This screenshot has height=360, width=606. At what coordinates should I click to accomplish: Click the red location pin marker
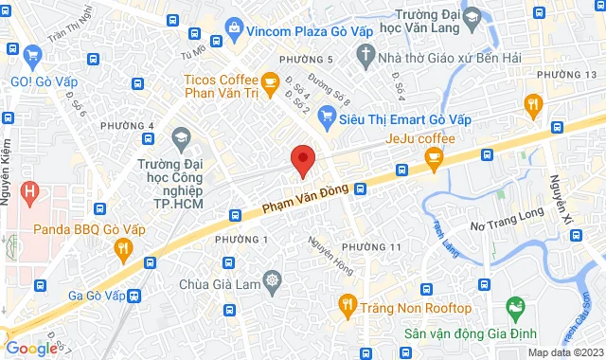click(x=302, y=160)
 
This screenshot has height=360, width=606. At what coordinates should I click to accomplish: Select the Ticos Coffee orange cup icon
click(x=268, y=81)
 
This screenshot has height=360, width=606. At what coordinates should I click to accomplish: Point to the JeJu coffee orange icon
click(x=435, y=161)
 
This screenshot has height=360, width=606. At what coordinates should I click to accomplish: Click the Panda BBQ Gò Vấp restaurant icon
click(x=122, y=250)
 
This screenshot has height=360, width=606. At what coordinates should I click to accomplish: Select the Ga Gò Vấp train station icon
click(x=135, y=295)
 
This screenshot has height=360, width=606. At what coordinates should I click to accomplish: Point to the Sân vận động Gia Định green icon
click(x=516, y=308)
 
